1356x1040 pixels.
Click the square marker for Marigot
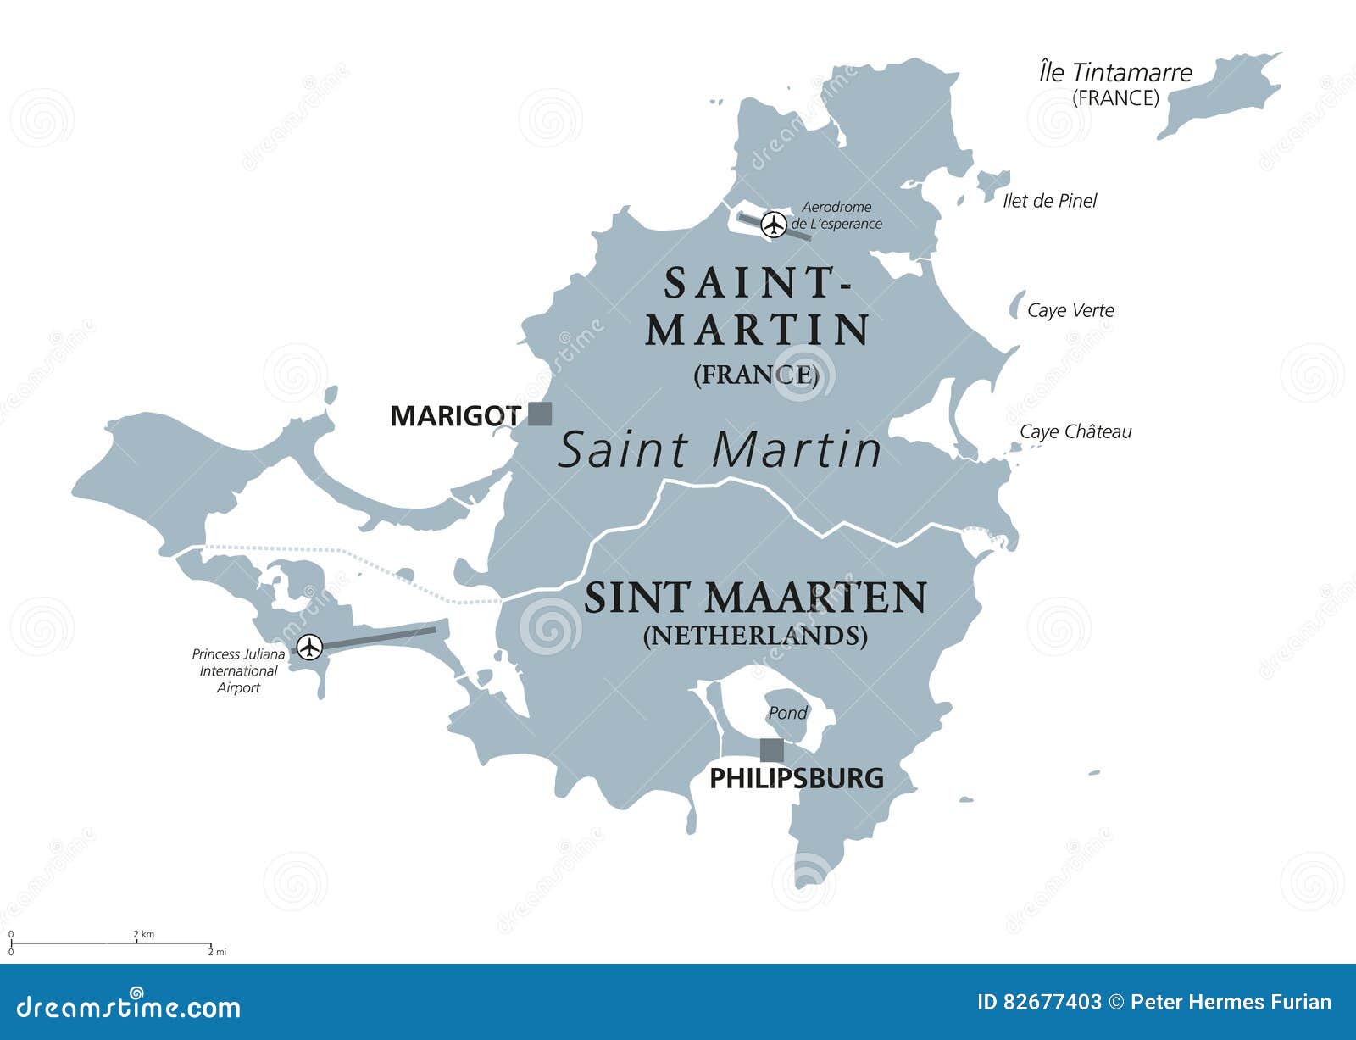[540, 414]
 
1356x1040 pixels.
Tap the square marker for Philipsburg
[771, 750]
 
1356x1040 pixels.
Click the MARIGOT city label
[454, 415]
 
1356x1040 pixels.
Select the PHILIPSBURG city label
[796, 778]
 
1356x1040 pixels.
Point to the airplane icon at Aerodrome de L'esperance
[772, 225]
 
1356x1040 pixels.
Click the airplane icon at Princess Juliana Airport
[311, 647]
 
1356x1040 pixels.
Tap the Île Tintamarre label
[1115, 73]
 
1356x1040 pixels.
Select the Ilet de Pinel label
[1049, 201]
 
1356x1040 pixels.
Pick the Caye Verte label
[1070, 310]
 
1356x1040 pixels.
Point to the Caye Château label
[1075, 431]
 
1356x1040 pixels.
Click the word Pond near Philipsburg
[787, 713]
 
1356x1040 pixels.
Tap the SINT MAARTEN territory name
[754, 598]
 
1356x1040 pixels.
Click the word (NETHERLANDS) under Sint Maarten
[754, 636]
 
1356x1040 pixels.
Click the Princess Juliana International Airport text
[238, 670]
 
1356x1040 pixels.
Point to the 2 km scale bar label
[143, 934]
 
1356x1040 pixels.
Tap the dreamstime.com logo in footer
[129, 1006]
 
